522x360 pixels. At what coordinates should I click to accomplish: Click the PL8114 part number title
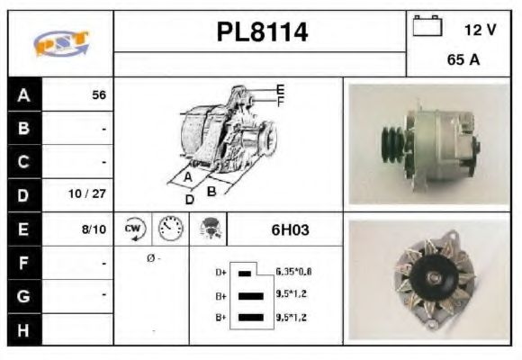coord(262,32)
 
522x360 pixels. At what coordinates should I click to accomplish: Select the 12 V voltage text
coord(480,30)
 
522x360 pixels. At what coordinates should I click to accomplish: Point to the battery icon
coord(427,26)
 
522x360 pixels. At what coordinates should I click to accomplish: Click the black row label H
coord(24,329)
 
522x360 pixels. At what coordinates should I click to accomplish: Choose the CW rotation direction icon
coord(132,229)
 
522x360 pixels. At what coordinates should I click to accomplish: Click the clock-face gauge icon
coord(169,229)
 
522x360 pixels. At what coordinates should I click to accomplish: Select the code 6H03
coord(290,229)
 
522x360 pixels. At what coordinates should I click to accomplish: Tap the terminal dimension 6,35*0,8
coord(293,271)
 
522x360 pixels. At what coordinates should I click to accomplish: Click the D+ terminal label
coord(220,271)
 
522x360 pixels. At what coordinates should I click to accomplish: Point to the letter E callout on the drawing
coord(281,89)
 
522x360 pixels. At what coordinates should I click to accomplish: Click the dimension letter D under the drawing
coord(190,199)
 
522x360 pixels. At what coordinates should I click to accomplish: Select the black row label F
coord(24,264)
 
